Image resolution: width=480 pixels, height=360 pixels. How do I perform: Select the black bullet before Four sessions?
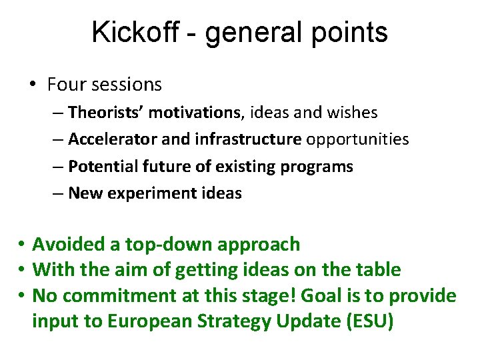pyautogui.click(x=33, y=85)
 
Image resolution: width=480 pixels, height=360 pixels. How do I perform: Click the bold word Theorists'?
pyautogui.click(x=106, y=113)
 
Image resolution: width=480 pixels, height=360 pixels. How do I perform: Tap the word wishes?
pyautogui.click(x=351, y=113)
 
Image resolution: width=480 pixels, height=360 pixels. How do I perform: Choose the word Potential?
pyautogui.click(x=101, y=167)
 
